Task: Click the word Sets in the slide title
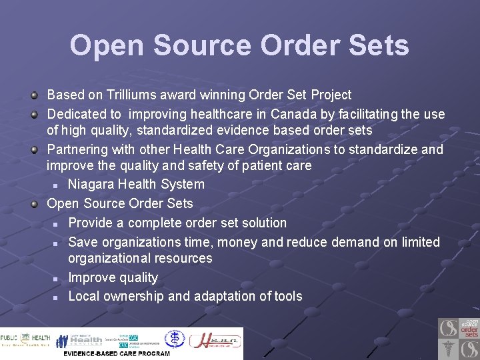click(x=376, y=46)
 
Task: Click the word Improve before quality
click(x=93, y=277)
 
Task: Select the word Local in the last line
click(x=86, y=296)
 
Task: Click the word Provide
click(x=95, y=223)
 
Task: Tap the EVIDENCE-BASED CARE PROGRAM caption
click(x=117, y=353)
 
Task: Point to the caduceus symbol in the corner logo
click(x=448, y=349)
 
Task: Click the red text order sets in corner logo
click(x=469, y=331)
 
